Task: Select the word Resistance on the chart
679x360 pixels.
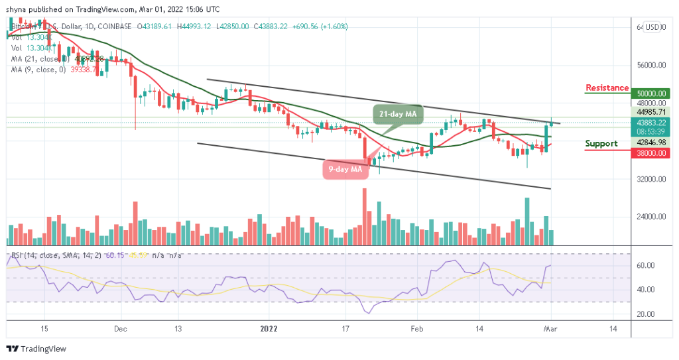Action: pyautogui.click(x=607, y=88)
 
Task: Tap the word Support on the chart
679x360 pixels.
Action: pyautogui.click(x=601, y=144)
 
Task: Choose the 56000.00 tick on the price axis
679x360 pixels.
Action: pyautogui.click(x=649, y=66)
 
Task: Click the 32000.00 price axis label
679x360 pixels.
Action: pyautogui.click(x=649, y=179)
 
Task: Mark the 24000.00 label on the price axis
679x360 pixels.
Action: pyautogui.click(x=649, y=217)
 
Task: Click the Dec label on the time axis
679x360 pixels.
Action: pyautogui.click(x=120, y=328)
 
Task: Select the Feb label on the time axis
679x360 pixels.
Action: pyautogui.click(x=417, y=328)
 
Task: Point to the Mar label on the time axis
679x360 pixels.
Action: pyautogui.click(x=550, y=328)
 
